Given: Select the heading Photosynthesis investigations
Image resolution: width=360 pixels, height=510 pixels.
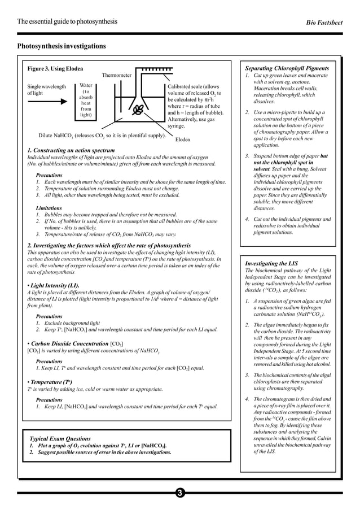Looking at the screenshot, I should (62, 46).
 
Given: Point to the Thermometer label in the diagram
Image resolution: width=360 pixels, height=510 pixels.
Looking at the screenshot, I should (117, 75).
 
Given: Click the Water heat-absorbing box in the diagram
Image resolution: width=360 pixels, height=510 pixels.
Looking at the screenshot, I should (86, 100).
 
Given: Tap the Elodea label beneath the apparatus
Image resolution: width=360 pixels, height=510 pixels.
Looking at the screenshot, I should (182, 139).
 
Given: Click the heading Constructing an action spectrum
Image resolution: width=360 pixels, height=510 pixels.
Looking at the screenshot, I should (71, 151).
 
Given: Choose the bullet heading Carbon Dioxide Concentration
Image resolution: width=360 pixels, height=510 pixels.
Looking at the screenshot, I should (69, 343).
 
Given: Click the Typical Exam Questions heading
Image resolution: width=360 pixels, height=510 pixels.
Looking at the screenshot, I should (60, 438).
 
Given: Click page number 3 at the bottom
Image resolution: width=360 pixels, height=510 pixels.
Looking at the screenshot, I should (179, 493).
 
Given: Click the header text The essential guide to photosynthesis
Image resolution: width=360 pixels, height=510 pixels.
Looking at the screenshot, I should (68, 21).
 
